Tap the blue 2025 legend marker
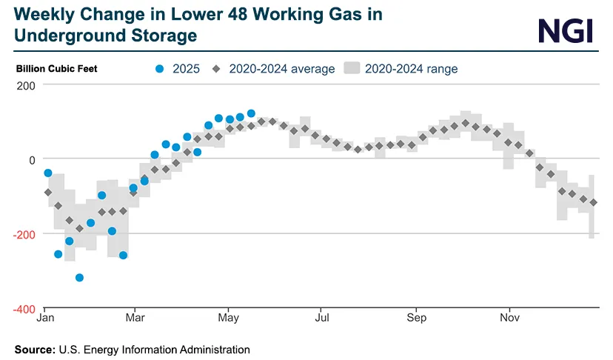159,69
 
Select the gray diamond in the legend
216,69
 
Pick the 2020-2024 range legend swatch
352,69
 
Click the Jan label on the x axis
44,320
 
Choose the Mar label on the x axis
134,320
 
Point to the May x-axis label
228,320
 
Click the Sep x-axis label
416,320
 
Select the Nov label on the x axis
509,320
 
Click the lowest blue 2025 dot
80,278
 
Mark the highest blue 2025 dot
251,113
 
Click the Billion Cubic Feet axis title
57,69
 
